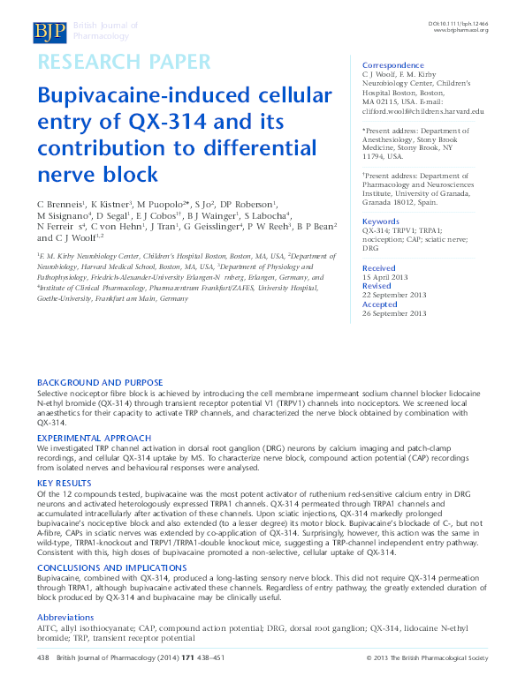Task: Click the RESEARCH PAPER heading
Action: click(x=123, y=63)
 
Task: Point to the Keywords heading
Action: click(x=381, y=221)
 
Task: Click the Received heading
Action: click(x=379, y=267)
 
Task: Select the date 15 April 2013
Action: click(x=384, y=277)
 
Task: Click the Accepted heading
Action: click(x=380, y=304)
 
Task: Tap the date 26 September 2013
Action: click(x=394, y=313)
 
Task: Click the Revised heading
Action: click(x=377, y=286)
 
